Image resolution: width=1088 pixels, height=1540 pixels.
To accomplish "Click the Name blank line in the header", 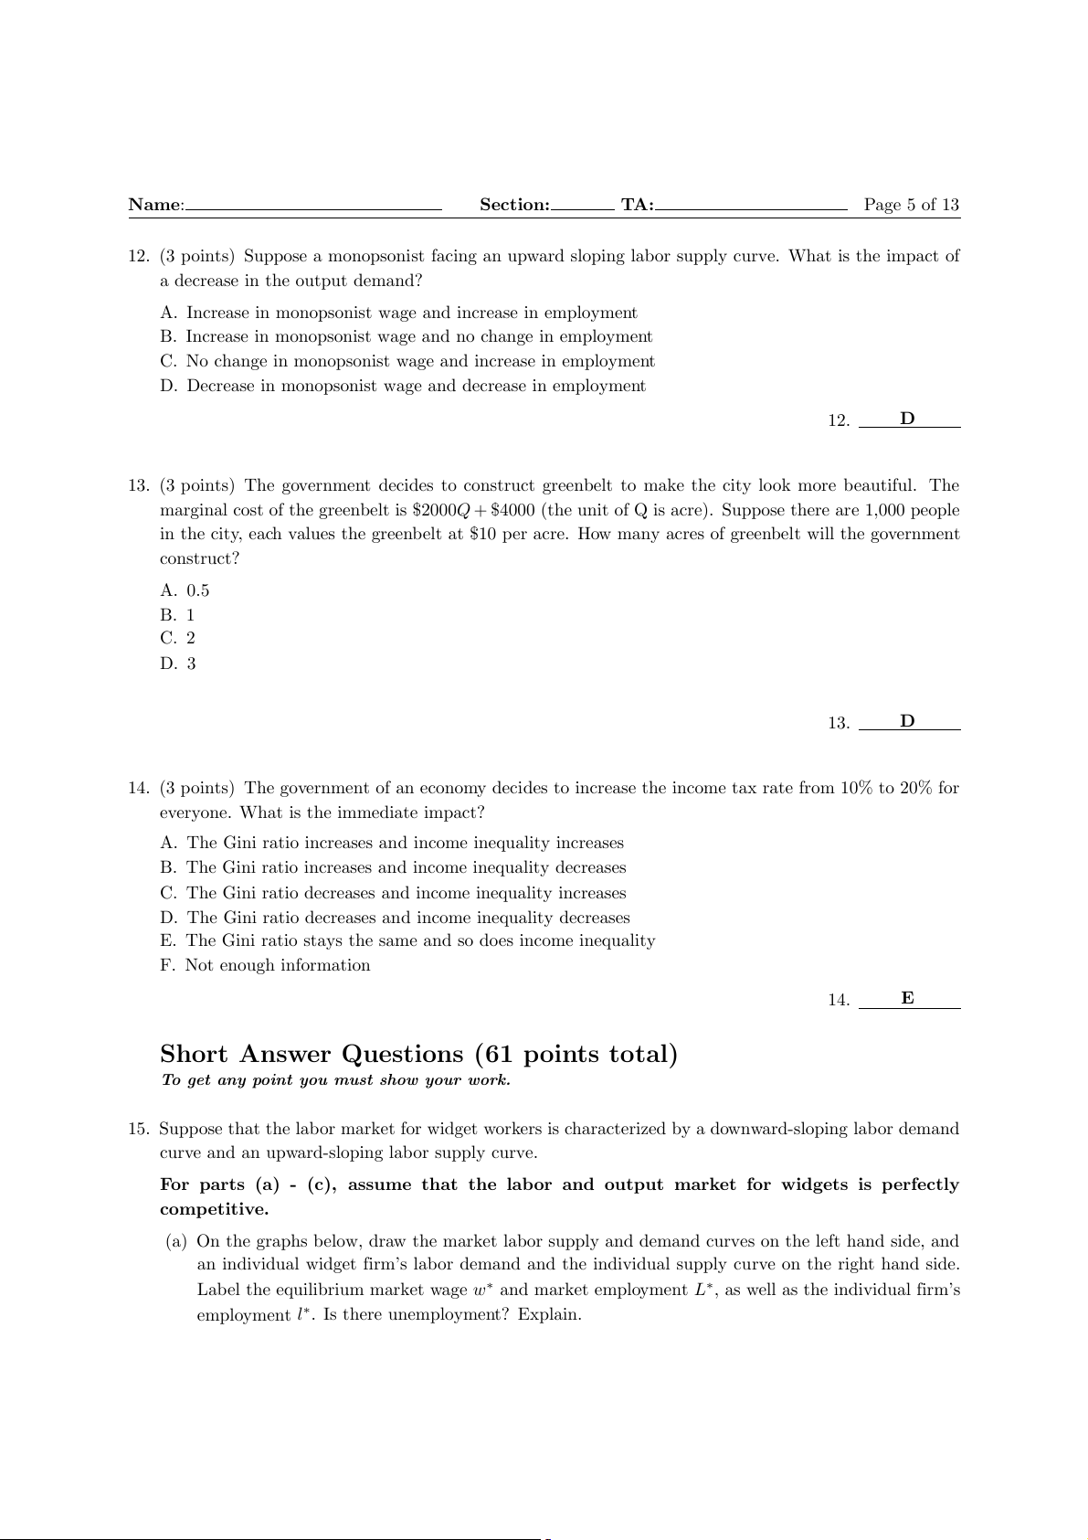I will click(313, 208).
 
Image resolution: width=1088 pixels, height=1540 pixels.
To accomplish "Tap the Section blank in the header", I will click(582, 208).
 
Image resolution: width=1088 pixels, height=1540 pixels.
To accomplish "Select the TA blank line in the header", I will click(751, 208).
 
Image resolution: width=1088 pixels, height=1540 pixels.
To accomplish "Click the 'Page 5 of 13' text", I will click(911, 205).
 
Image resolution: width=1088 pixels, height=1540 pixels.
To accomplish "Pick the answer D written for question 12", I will click(907, 419).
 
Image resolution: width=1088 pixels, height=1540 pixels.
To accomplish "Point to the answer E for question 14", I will click(907, 998).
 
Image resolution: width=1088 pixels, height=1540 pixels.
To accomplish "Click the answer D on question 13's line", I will click(907, 721).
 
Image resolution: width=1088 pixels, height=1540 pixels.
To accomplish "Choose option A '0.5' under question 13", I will click(185, 590).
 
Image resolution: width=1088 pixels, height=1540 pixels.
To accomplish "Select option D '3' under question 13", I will click(178, 664).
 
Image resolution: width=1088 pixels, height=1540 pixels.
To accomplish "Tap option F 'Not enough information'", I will click(265, 965).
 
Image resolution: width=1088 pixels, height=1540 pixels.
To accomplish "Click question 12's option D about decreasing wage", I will click(403, 386).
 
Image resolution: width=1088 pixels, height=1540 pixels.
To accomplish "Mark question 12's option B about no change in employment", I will click(407, 336).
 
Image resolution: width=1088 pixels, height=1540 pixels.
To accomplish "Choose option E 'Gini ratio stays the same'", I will click(407, 940).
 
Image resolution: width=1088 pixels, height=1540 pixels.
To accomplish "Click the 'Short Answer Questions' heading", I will click(418, 1054).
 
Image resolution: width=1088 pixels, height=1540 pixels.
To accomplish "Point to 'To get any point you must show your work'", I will click(335, 1080).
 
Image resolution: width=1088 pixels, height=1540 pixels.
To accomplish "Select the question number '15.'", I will click(139, 1129).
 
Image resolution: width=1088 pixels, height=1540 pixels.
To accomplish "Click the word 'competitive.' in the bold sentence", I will click(214, 1209).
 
